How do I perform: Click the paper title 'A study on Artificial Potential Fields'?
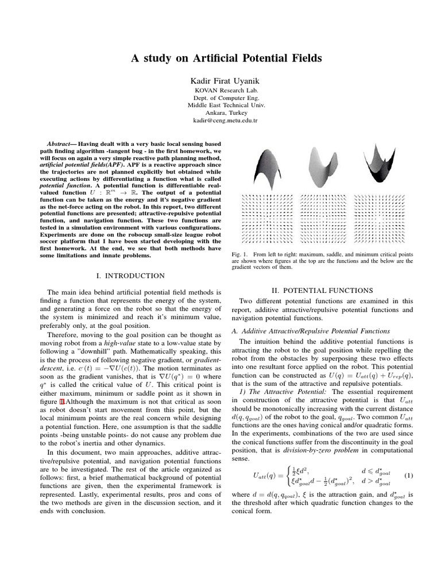pyautogui.click(x=220, y=58)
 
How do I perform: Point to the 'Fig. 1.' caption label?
pyautogui.click(x=241, y=254)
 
